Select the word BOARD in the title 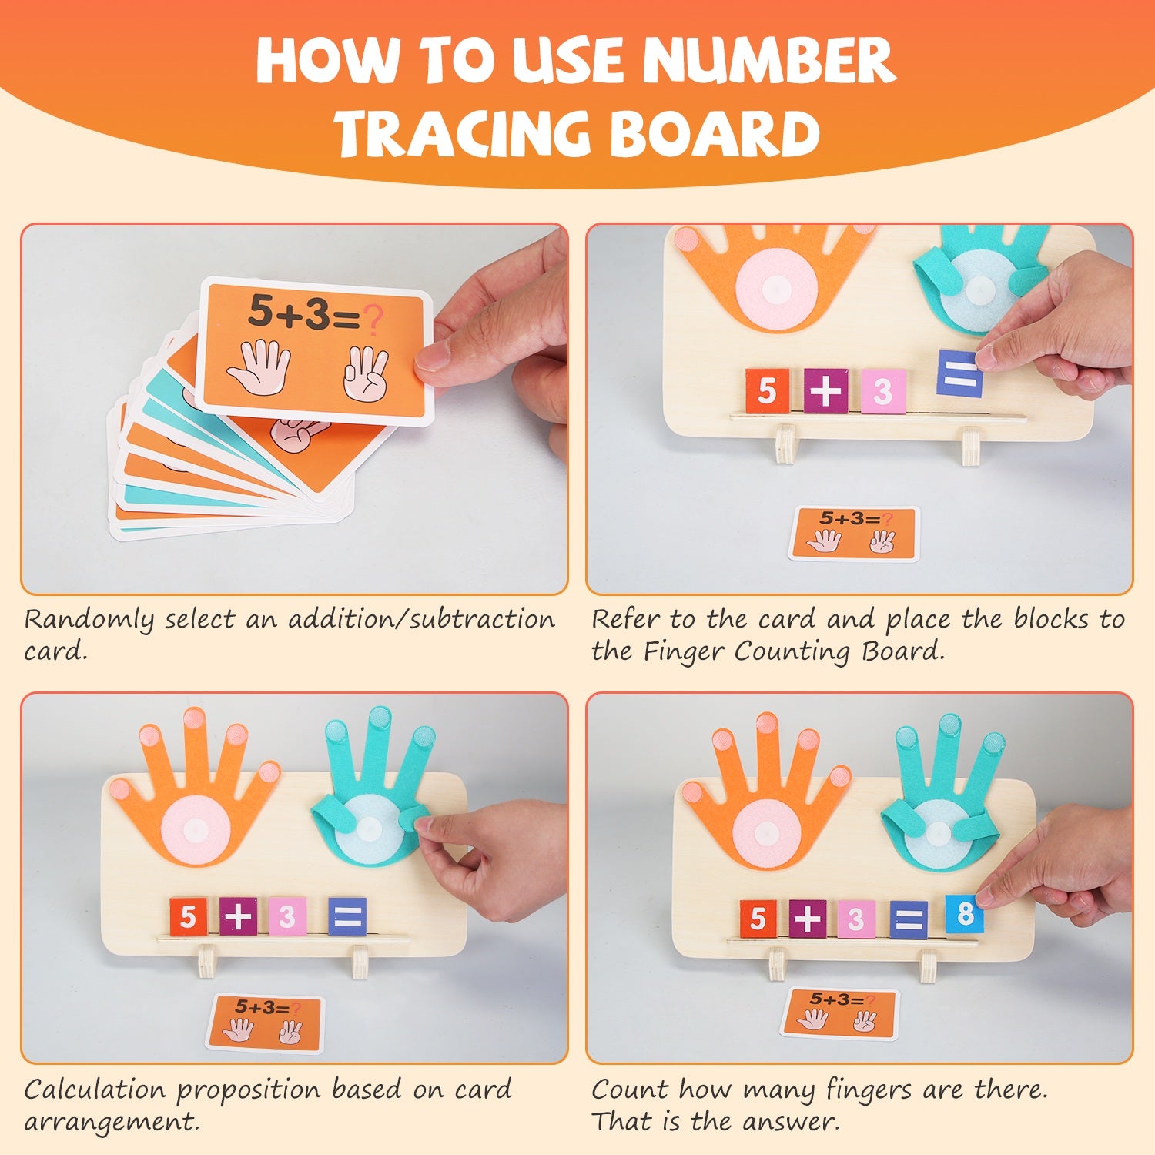tap(716, 133)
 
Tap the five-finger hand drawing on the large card tap(259, 367)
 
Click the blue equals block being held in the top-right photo tap(959, 373)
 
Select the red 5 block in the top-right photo tap(767, 390)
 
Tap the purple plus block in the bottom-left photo tap(238, 916)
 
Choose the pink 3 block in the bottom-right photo tap(855, 919)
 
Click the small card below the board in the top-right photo tap(854, 533)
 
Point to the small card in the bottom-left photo tap(266, 1023)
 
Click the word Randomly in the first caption tap(89, 620)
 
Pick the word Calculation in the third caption tap(95, 1090)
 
